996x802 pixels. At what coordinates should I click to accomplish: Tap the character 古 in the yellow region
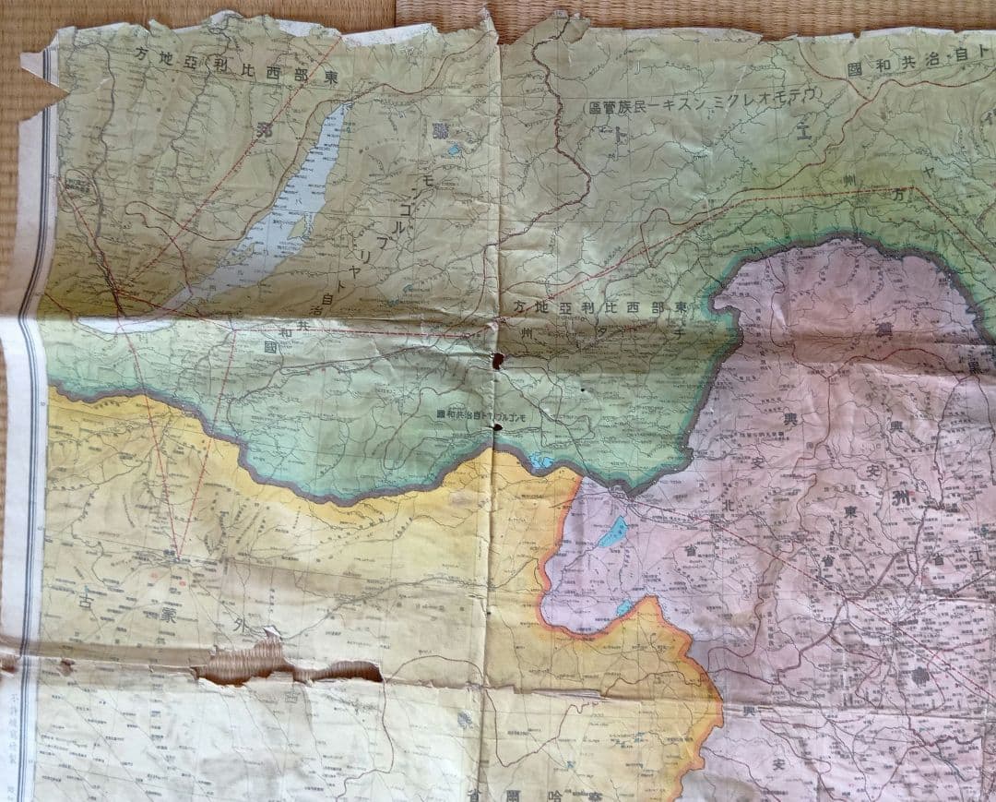tap(86, 604)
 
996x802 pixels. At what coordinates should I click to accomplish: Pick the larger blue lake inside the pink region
tap(611, 532)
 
